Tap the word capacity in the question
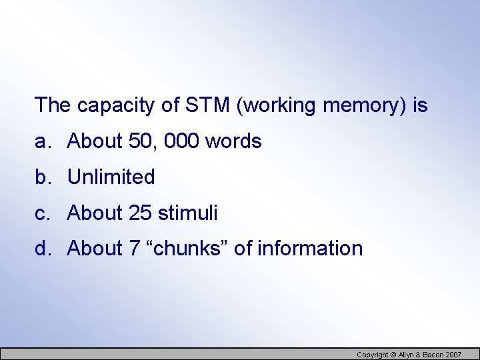click(115, 105)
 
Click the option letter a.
click(42, 141)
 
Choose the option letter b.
click(42, 177)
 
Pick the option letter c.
click(42, 213)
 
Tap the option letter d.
click(42, 249)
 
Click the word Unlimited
click(111, 177)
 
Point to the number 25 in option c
click(140, 213)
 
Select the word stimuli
click(188, 213)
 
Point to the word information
click(310, 249)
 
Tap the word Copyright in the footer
click(372, 354)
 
